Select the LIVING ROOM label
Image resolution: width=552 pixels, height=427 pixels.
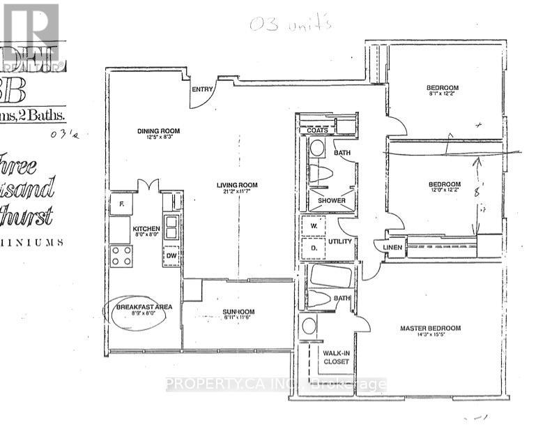[236, 185]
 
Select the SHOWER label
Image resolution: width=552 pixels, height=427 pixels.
[332, 201]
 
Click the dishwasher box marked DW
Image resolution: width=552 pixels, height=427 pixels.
[171, 257]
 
